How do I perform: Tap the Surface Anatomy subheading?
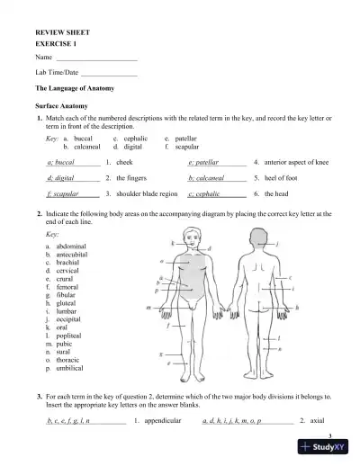click(58, 105)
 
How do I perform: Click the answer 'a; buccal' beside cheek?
click(60, 163)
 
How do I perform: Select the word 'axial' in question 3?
click(317, 420)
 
